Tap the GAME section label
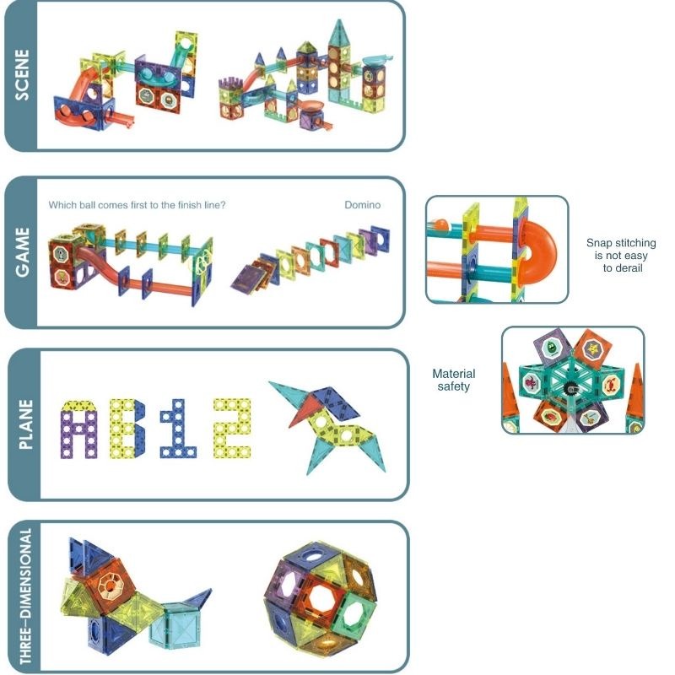[22, 251]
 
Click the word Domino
[363, 205]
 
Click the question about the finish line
[137, 205]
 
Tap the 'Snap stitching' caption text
[620, 256]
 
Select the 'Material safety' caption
[454, 380]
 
